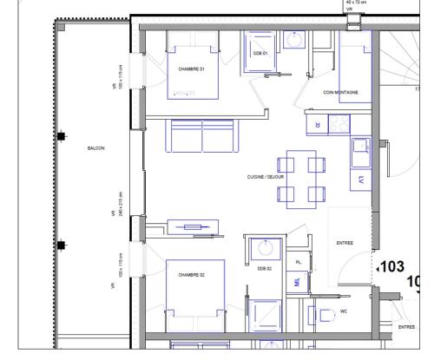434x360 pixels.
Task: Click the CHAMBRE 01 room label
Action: [x=191, y=69]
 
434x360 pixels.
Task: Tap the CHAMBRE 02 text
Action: [x=191, y=274]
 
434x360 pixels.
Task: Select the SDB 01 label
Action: [x=260, y=53]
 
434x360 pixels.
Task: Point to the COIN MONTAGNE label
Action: [x=340, y=92]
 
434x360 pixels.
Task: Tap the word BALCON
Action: [x=95, y=148]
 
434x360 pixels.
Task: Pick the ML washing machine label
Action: [x=297, y=282]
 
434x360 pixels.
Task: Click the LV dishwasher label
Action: [x=360, y=180]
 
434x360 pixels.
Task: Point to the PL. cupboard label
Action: [x=299, y=261]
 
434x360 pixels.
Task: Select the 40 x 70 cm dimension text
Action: [x=355, y=3]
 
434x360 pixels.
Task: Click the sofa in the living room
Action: [x=202, y=137]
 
